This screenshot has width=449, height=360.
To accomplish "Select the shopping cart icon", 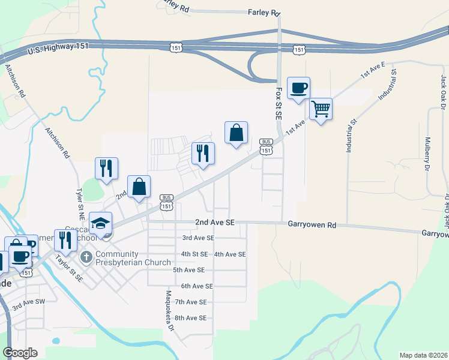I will (x=321, y=109).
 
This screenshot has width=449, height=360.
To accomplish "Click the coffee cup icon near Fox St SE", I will (x=298, y=89).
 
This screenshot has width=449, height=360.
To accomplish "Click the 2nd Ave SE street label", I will (x=214, y=222).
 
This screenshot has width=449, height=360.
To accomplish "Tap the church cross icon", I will (x=86, y=257).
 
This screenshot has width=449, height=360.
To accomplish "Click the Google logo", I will (x=20, y=353).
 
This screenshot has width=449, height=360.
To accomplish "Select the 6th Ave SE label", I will (x=197, y=286).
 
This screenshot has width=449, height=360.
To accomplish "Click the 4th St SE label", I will (x=194, y=254).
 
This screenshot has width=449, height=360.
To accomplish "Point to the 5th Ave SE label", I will (x=189, y=270).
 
